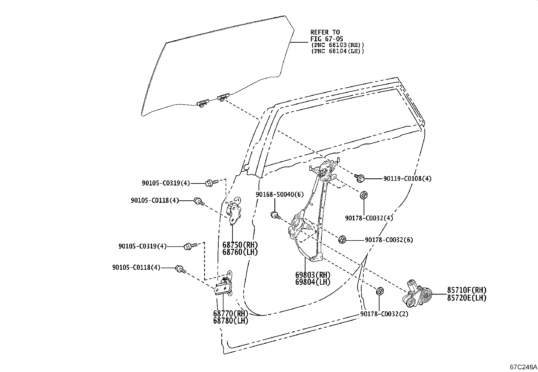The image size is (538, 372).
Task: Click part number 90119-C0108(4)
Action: click(407, 179)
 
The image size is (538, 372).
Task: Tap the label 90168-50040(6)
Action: click(279, 194)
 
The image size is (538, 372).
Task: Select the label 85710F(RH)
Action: click(467, 290)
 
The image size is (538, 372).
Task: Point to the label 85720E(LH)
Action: click(467, 298)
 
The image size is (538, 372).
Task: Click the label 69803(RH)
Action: click(313, 275)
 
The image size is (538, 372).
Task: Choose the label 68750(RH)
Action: click(240, 245)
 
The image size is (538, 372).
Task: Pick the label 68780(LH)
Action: click(230, 321)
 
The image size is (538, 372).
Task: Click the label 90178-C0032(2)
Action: click(384, 314)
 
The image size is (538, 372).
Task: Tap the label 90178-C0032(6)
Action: click(389, 240)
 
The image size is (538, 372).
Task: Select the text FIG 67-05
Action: click(327, 39)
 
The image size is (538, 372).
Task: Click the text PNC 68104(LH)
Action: click(339, 51)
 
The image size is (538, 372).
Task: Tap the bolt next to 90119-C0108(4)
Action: click(359, 178)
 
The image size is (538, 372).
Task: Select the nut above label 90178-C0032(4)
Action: click(364, 195)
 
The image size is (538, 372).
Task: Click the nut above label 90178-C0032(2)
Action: click(380, 291)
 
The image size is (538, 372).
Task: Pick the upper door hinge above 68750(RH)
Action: click(234, 211)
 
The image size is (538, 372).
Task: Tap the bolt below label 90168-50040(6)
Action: click(275, 215)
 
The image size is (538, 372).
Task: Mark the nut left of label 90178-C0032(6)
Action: click(342, 240)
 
